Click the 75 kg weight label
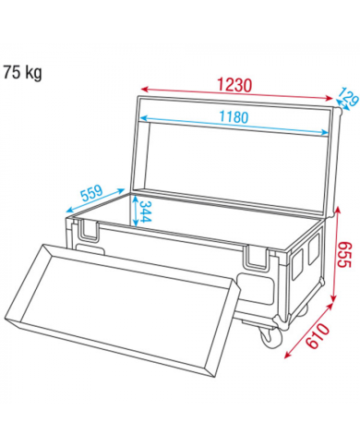click(23, 71)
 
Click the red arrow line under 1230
click(235, 94)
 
